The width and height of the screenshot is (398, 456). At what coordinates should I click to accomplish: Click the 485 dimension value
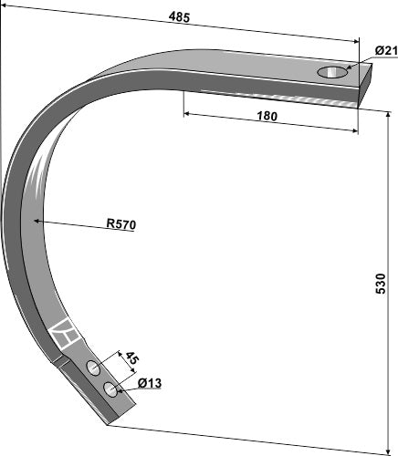pyautogui.click(x=180, y=16)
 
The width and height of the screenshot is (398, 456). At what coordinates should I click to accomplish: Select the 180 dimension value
pyautogui.click(x=267, y=116)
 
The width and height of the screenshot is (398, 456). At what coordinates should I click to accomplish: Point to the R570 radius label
pyautogui.click(x=121, y=224)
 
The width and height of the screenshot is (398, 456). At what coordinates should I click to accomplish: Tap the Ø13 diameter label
pyautogui.click(x=150, y=384)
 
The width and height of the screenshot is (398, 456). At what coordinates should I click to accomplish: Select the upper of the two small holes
pyautogui.click(x=94, y=368)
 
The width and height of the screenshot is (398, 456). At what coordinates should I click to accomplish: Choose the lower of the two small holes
pyautogui.click(x=110, y=390)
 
